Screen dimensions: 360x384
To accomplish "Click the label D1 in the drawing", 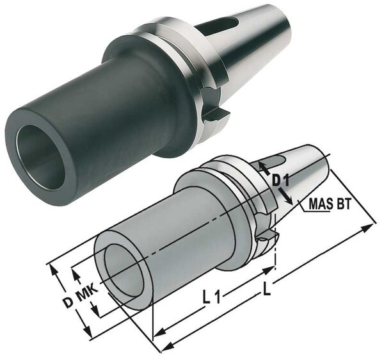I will click(x=280, y=181).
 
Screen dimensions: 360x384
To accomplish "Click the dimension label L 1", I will click(x=211, y=297).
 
